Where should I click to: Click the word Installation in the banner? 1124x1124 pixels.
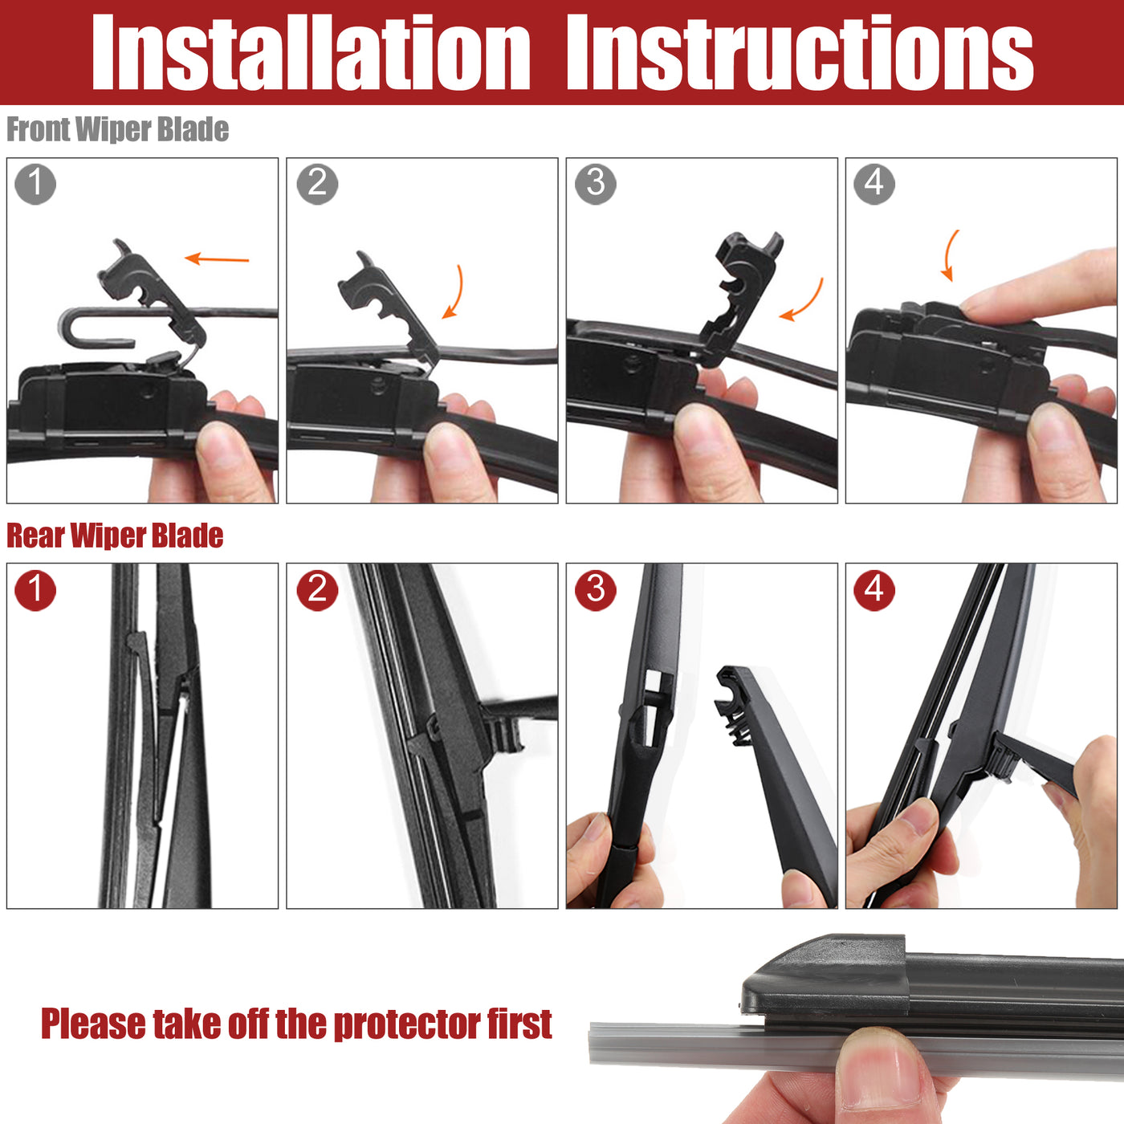tap(311, 52)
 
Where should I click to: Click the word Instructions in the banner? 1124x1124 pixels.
tap(800, 52)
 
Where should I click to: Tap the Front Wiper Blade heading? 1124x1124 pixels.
tap(117, 129)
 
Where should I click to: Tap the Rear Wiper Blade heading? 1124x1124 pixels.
tap(115, 536)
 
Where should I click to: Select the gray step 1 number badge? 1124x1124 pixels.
tap(35, 184)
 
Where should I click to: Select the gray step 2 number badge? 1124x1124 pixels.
tap(317, 184)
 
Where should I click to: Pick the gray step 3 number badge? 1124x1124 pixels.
tap(596, 184)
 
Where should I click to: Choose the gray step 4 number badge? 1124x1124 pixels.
tap(874, 184)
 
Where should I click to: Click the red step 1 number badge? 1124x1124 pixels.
tap(35, 590)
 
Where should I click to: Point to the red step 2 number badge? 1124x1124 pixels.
tap(317, 590)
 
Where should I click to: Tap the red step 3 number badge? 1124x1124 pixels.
tap(596, 590)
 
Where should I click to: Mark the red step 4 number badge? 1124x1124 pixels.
tap(874, 590)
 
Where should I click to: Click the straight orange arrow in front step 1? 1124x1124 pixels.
tap(217, 259)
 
